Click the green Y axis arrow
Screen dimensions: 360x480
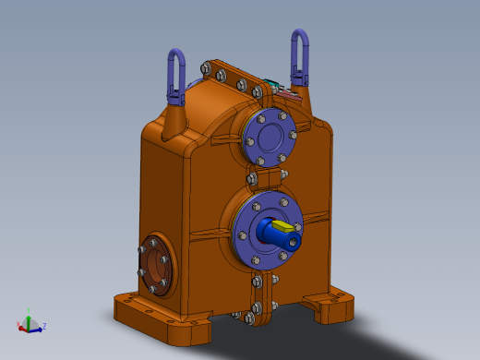coord(29,317)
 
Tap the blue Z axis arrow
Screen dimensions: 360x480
coord(37,327)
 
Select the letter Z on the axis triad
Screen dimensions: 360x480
coord(44,326)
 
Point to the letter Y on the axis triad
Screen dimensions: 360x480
coord(30,311)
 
